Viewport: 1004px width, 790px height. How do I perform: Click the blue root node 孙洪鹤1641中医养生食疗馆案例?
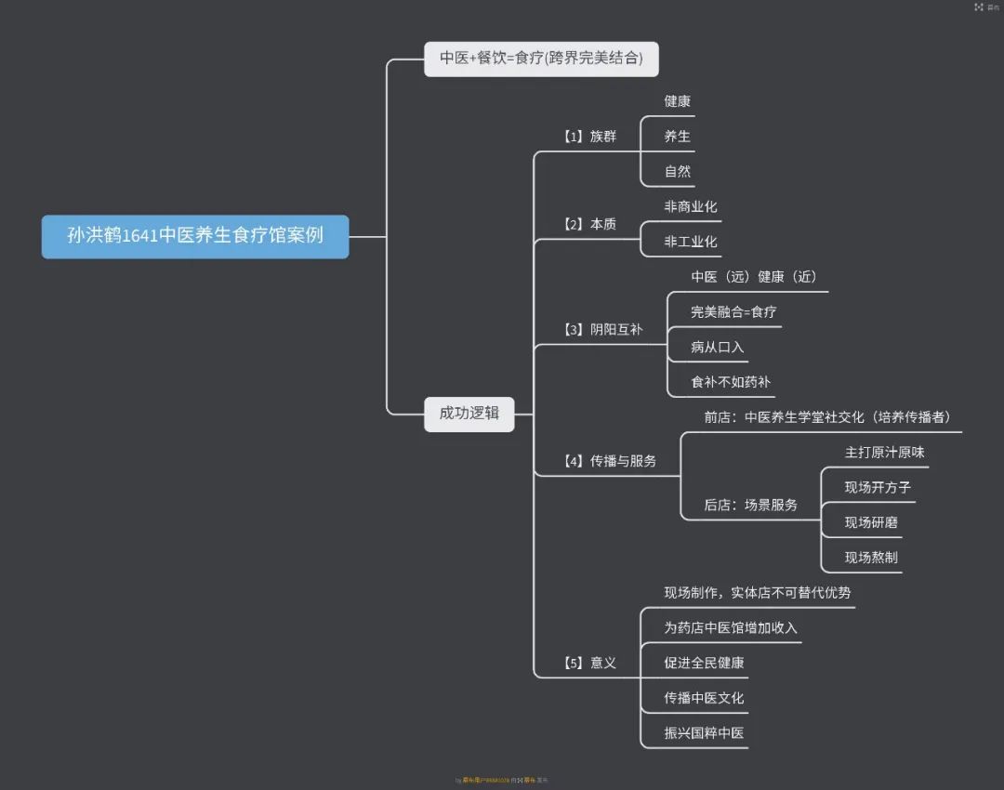pos(195,236)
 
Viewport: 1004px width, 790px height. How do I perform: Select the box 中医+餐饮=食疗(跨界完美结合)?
pos(541,59)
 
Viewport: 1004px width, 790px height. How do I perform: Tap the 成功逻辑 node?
pos(469,414)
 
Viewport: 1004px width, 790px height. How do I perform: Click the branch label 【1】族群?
pos(589,137)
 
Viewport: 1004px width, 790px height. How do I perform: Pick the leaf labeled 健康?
pos(677,101)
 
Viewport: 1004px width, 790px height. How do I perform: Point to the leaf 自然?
pos(677,172)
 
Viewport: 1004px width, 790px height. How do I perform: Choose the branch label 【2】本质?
pos(589,224)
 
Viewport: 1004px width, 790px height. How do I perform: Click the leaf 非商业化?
pos(690,206)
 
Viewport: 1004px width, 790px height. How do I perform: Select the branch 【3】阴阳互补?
pos(602,329)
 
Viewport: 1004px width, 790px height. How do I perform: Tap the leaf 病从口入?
pos(717,347)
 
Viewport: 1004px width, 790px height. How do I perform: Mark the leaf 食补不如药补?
pos(730,382)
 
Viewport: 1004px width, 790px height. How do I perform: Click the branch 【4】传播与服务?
pos(609,460)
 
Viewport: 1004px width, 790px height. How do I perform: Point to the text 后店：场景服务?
pos(750,505)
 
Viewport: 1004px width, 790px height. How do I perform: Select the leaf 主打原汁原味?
pos(884,452)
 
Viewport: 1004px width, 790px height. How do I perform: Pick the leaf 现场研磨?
pos(871,522)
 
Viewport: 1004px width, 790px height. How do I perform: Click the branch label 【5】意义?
pos(589,663)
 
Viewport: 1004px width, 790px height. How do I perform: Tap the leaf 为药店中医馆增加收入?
pos(730,627)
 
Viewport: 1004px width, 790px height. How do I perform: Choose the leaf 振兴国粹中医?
pos(704,732)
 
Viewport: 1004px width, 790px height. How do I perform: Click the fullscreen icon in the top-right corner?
pos(979,7)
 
